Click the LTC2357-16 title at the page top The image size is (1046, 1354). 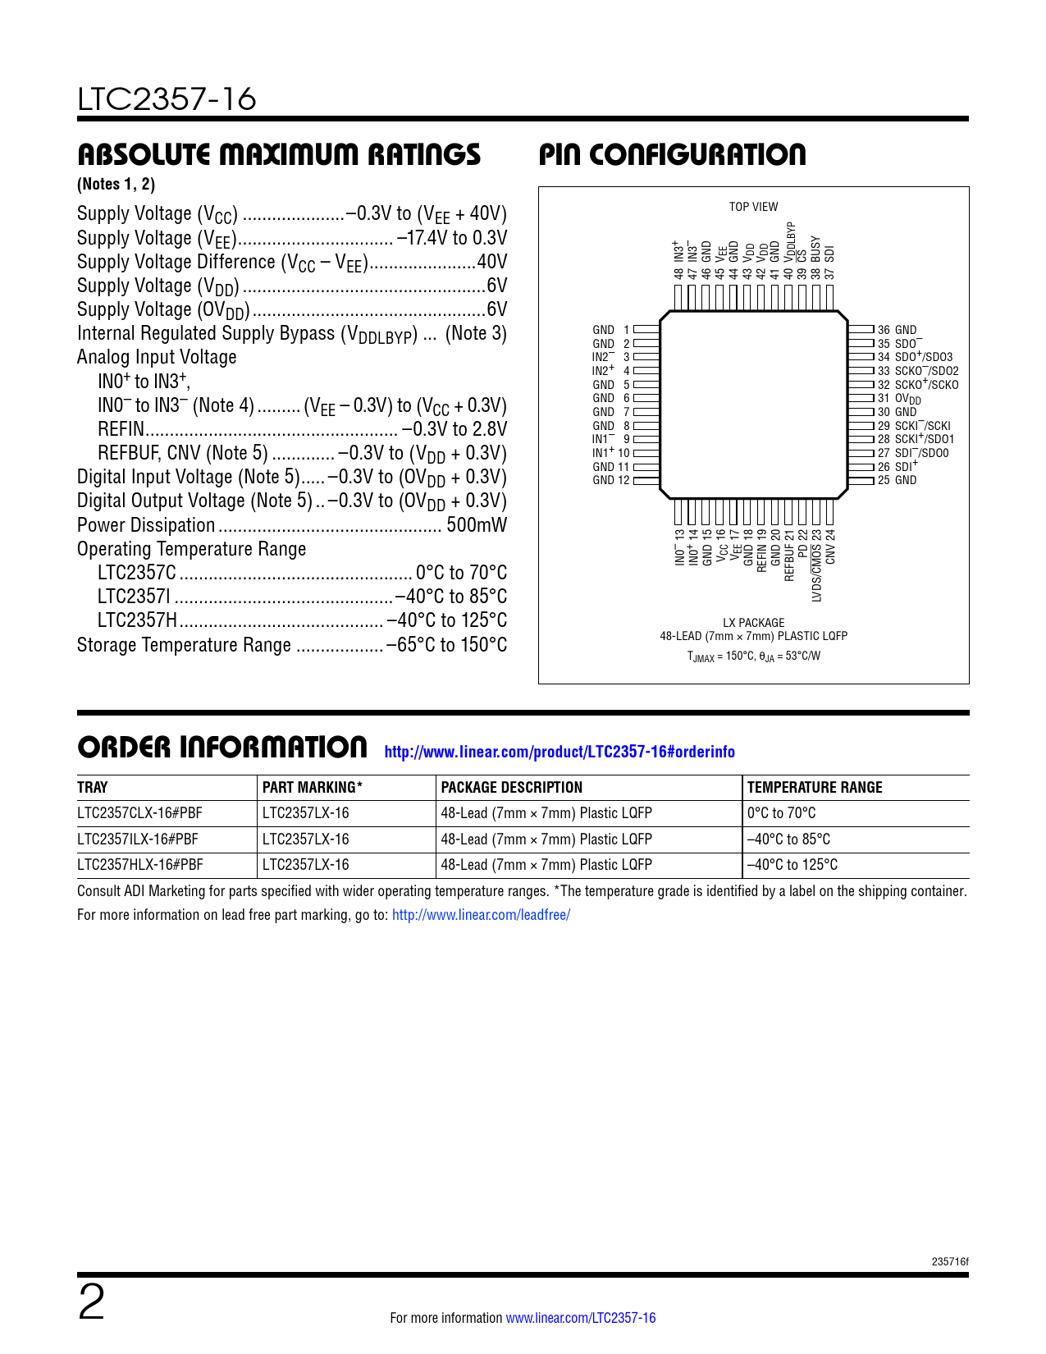167,99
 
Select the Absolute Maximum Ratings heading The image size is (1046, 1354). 279,155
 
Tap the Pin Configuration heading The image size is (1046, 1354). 672,155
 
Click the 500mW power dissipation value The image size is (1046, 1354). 477,525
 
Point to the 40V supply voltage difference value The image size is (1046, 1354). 492,263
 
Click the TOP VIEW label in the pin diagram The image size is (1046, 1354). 753,207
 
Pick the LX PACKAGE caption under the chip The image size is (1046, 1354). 753,623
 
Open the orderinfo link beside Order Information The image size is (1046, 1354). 560,752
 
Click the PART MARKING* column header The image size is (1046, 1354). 313,788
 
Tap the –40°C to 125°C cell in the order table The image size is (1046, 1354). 792,865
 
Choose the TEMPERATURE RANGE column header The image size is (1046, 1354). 815,788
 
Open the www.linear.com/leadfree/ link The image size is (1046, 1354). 481,915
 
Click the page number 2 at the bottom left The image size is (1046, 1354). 91,1302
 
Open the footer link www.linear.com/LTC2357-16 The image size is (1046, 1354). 581,1318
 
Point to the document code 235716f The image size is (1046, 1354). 950,1262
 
